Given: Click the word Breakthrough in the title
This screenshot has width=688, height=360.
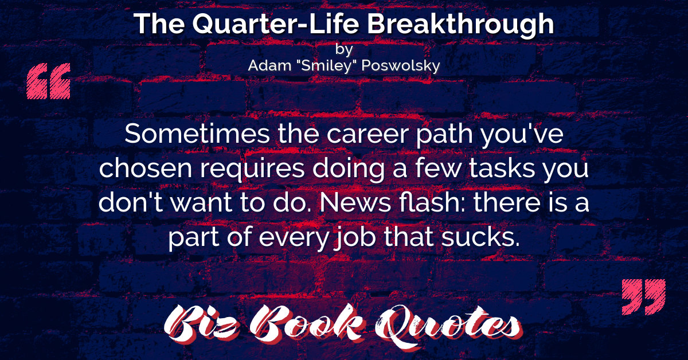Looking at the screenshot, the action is click(x=460, y=25).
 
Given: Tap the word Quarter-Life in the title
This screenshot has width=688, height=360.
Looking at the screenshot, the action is click(x=276, y=24).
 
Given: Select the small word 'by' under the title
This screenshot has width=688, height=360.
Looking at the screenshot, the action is click(x=344, y=50).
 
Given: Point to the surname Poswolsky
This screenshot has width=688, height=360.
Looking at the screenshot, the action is click(x=401, y=66).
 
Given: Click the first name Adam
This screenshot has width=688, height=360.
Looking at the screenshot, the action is click(x=269, y=65).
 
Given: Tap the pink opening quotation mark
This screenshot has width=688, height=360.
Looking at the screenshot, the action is click(x=49, y=81).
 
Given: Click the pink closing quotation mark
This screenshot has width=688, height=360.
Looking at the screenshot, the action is click(x=644, y=297).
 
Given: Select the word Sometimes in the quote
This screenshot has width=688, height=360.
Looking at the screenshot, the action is click(x=197, y=134).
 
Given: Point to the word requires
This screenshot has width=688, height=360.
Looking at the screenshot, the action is click(x=252, y=169).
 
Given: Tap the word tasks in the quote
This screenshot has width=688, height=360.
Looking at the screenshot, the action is click(x=502, y=168).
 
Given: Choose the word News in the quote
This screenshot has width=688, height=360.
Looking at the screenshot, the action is click(x=355, y=202).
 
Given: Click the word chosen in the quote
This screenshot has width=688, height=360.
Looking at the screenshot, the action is click(x=146, y=168).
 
